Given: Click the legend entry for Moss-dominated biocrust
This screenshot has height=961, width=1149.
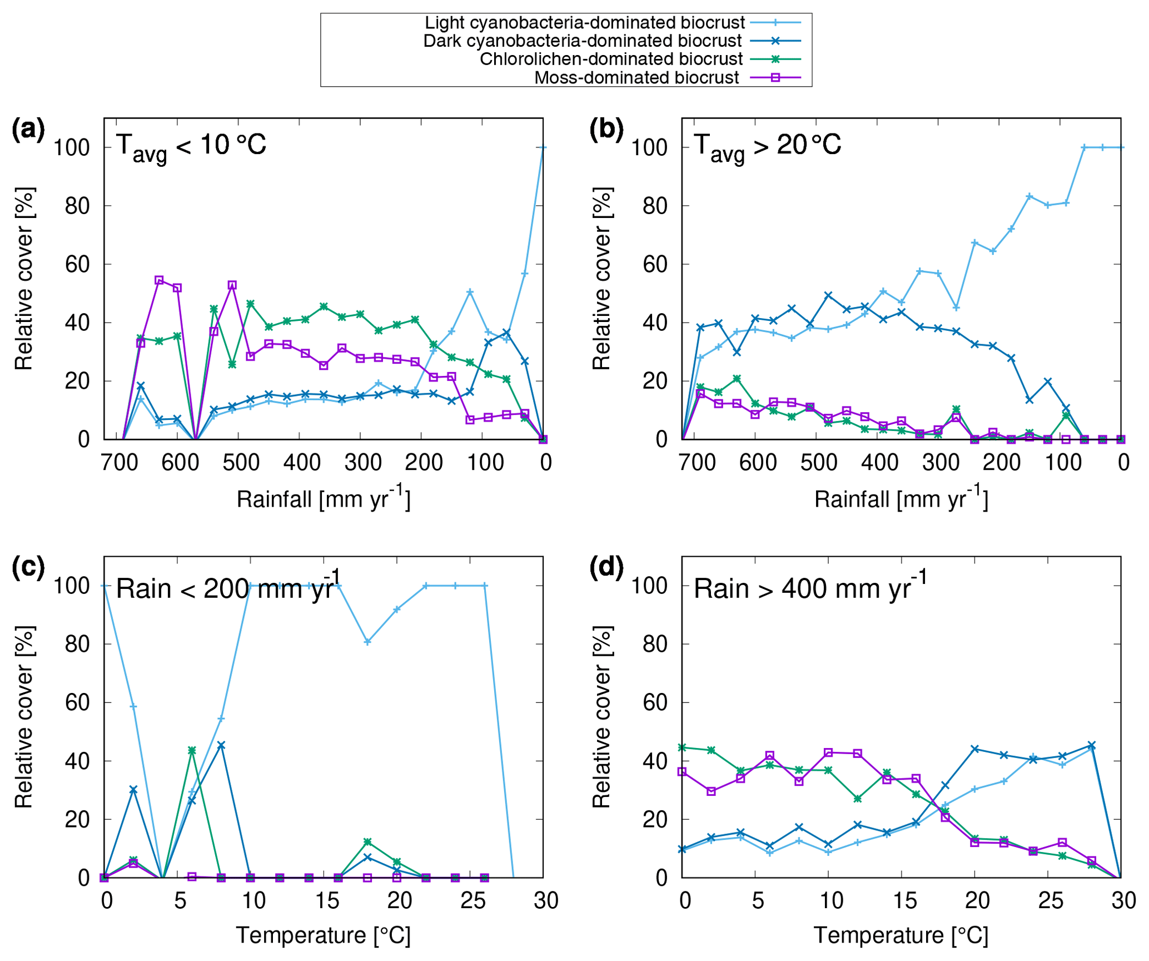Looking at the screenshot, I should [636, 77].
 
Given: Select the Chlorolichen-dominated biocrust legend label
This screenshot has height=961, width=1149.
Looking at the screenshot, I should [611, 59].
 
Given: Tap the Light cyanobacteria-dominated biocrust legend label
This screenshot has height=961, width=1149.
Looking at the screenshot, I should [584, 23].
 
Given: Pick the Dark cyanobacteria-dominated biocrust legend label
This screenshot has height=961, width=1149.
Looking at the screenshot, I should [582, 41].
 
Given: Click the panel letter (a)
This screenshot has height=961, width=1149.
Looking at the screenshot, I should [28, 130].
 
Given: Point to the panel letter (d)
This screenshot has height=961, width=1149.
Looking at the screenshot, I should [606, 567].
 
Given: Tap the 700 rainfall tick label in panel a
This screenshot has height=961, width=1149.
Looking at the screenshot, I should [120, 463].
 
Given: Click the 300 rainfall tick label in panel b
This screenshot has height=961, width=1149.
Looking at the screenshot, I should [941, 463].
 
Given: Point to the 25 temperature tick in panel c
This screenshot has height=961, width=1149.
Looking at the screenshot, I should [472, 900].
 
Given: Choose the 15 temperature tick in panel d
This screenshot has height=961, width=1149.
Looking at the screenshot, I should [904, 900].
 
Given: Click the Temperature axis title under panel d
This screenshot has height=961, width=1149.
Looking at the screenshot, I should [901, 935].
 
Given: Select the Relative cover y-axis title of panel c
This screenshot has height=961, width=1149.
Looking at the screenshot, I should [24, 717].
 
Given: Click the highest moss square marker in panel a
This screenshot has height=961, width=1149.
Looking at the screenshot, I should [159, 280].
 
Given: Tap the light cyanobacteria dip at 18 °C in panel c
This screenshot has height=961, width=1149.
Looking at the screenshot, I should [367, 642].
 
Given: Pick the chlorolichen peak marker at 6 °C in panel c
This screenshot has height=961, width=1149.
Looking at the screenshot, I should [192, 751].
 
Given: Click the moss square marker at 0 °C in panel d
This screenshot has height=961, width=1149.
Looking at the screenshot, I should [682, 772].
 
